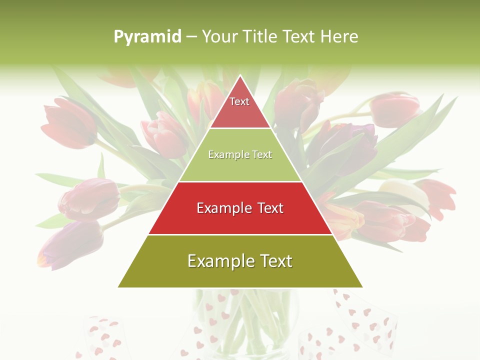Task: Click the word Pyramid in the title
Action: (x=147, y=37)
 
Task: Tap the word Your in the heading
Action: (x=219, y=36)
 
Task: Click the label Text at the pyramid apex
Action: (x=239, y=101)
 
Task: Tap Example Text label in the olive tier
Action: (x=240, y=261)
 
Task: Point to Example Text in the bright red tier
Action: (x=240, y=208)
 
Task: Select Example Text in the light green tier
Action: (x=240, y=154)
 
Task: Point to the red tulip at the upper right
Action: (x=395, y=110)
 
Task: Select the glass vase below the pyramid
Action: (x=245, y=320)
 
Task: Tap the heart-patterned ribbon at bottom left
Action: (x=102, y=335)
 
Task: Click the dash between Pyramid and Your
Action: (x=191, y=37)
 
